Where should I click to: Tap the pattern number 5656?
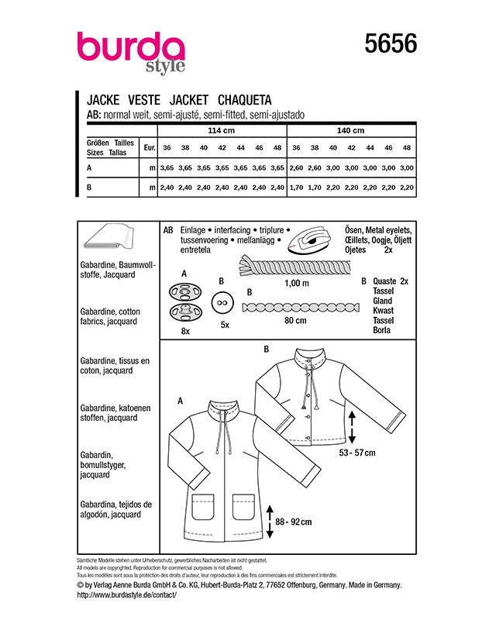391,43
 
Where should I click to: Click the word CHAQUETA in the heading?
244,100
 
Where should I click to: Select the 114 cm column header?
221,130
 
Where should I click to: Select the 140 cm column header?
350,130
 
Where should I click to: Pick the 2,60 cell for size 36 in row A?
296,168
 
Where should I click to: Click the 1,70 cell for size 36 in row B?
296,188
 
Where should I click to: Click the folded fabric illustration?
108,236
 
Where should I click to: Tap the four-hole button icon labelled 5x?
222,303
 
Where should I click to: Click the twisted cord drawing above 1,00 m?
294,266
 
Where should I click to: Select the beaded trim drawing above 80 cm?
301,307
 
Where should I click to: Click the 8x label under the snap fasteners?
185,332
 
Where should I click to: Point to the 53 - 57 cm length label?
356,453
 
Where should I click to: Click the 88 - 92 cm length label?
293,522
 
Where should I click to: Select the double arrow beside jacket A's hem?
270,522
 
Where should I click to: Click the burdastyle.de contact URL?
126,594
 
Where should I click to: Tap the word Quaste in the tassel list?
384,281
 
